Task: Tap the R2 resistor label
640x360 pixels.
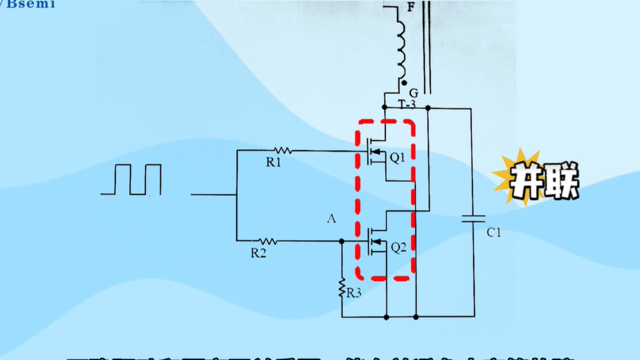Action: tap(258, 253)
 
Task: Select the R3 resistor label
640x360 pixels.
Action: tap(353, 292)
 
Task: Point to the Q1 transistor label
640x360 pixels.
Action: tap(397, 158)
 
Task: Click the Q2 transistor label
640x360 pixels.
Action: tap(399, 248)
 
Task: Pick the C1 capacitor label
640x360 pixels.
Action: tap(494, 233)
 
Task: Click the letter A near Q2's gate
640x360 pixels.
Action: tap(332, 219)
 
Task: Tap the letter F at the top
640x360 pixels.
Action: tap(410, 7)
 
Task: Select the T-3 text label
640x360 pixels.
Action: tap(406, 104)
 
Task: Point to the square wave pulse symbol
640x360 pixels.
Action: tap(131, 180)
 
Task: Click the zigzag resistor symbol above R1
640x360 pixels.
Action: tap(283, 150)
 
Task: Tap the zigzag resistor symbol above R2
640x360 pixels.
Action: tap(268, 241)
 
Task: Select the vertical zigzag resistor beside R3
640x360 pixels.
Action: tap(342, 288)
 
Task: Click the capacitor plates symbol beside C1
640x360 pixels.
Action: tap(473, 219)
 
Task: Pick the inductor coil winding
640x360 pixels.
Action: tap(399, 47)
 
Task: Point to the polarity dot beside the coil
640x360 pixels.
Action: tap(405, 83)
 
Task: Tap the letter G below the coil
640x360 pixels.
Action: tap(413, 93)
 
